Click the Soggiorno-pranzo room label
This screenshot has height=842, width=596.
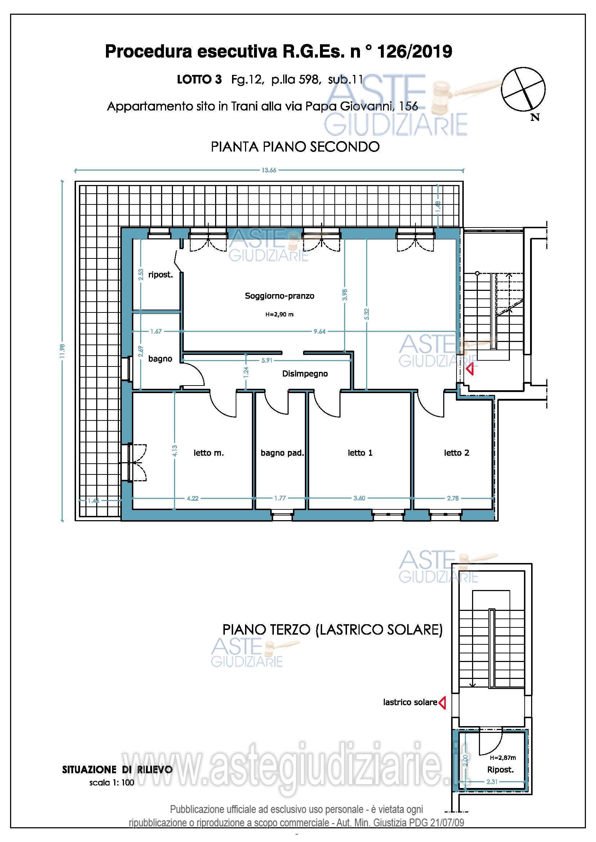[280, 296]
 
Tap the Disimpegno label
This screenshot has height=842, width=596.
[305, 374]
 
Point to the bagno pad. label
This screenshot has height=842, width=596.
[282, 453]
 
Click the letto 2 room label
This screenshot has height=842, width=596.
[457, 453]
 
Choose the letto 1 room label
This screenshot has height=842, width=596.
[360, 453]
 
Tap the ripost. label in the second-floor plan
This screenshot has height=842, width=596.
[160, 275]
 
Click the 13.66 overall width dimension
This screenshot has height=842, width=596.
[269, 170]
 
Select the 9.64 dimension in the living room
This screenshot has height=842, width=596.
[319, 332]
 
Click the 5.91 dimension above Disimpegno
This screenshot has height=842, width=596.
[267, 360]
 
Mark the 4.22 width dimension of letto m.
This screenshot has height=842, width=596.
[192, 498]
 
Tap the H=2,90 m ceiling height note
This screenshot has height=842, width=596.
[279, 314]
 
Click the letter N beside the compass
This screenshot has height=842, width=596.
[535, 117]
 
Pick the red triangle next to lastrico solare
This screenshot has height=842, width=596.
[442, 702]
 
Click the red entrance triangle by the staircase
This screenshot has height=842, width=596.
[470, 369]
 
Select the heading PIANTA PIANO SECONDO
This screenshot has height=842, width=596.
[295, 147]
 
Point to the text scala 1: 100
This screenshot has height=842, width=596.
[112, 783]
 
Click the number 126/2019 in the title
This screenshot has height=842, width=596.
[415, 52]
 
